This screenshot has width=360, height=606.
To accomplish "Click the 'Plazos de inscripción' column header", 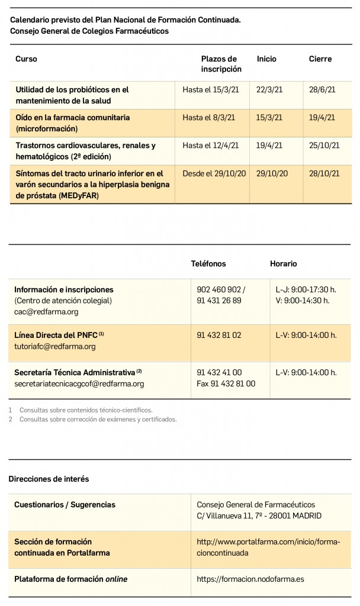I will coord(221,64).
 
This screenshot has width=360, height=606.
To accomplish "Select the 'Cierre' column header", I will coord(320,59).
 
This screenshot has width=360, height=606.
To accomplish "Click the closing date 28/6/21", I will coord(322,90).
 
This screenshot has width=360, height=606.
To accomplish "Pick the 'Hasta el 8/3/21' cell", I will coord(208,118).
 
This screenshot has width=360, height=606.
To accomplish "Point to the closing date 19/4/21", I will coord(322,118).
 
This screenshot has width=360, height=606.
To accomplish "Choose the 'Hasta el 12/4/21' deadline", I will coord(210,146).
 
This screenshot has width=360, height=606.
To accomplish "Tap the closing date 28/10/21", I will coord(324,173).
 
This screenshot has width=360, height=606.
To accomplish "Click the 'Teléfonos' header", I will coord(208,264).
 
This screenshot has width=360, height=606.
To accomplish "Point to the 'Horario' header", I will coord(284,264).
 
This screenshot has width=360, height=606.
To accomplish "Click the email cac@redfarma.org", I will coord(46,312).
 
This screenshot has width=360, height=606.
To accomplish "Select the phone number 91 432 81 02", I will coord(219,335).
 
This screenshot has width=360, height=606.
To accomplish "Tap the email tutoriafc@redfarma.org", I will coord(54,346).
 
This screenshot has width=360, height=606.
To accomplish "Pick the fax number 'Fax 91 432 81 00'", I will coord(226,383).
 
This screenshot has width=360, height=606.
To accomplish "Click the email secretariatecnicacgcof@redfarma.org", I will coord(79,383).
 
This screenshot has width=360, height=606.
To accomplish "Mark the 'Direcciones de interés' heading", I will coord(49,479).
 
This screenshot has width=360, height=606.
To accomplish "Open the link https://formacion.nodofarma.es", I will coord(250,579).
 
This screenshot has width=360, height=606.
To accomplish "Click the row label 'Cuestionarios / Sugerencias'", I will coord(65,505).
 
